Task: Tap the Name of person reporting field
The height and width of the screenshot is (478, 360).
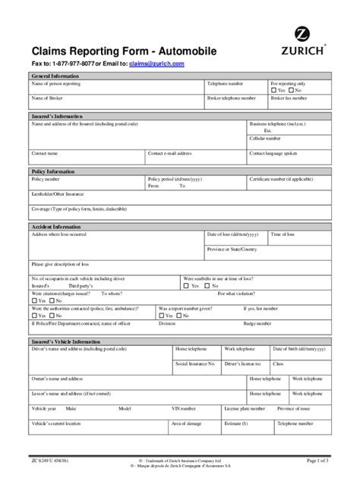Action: (114, 88)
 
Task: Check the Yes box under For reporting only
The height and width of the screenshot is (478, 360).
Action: (274, 90)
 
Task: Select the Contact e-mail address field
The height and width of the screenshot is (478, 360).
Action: (196, 156)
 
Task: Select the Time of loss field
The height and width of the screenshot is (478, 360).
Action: (299, 238)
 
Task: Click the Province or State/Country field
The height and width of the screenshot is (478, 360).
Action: (266, 253)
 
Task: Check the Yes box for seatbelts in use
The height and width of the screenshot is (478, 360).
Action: (186, 286)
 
